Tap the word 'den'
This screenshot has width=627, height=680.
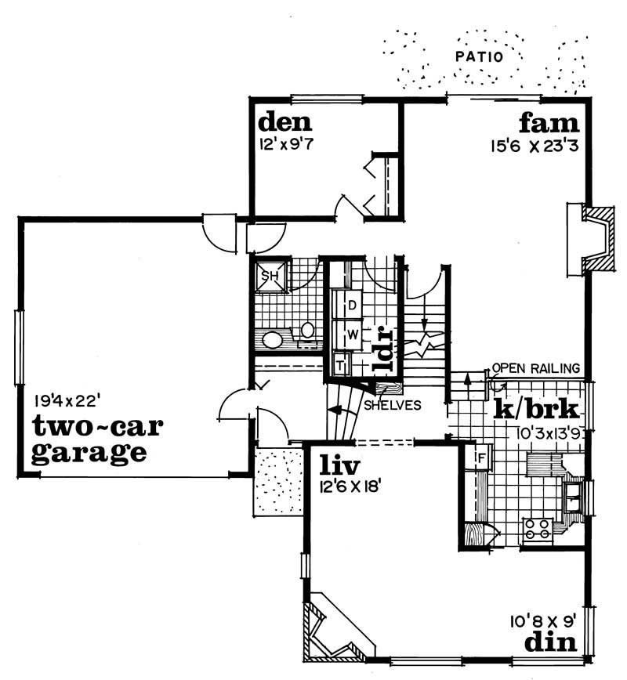click(285, 122)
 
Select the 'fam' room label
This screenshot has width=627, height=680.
click(549, 123)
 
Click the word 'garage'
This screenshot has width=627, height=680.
click(89, 452)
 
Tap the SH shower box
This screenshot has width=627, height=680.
click(270, 276)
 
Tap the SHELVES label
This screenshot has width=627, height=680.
click(392, 405)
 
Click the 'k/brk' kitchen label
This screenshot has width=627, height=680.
click(536, 409)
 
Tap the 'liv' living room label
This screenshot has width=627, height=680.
click(339, 467)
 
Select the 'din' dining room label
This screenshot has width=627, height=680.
click(551, 642)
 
